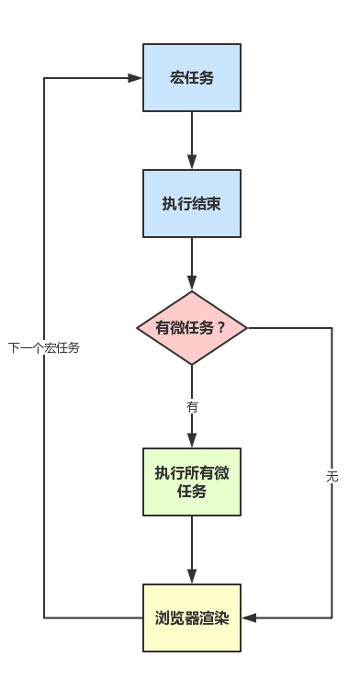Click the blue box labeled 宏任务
(192, 78)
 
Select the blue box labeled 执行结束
(192, 204)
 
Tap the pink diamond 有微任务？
(192, 328)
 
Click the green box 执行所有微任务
(192, 482)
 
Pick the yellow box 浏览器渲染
(192, 618)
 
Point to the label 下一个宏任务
(44, 348)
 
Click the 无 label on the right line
(332, 476)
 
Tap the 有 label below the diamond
(192, 406)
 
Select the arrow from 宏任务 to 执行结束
(192, 138)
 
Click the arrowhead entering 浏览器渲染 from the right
(249, 618)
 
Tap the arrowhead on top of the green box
(192, 440)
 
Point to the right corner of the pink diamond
(248, 328)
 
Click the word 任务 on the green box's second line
(192, 491)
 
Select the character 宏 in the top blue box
(177, 78)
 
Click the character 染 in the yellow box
(221, 618)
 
